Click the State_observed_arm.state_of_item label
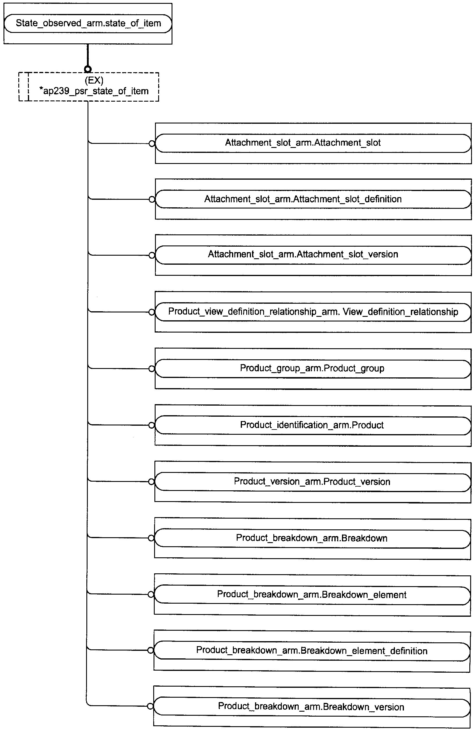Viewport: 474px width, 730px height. point(88,23)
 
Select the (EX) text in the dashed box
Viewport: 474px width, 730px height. point(94,80)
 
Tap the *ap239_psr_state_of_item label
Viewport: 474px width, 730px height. point(94,91)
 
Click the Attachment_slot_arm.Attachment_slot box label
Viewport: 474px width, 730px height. point(303,143)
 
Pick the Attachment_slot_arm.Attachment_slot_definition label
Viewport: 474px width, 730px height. point(303,199)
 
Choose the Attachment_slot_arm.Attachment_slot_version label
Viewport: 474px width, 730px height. point(303,254)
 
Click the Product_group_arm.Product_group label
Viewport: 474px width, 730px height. point(312,368)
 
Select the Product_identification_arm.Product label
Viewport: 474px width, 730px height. point(312,425)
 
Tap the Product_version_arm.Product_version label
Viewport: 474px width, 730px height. point(312,482)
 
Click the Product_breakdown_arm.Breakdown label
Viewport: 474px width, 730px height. point(312,538)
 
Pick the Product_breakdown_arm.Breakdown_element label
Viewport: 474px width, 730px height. point(312,594)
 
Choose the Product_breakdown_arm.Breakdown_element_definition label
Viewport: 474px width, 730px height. point(312,651)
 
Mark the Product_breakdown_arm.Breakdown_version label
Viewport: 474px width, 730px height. point(311,707)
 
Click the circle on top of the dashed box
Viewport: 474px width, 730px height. point(88,69)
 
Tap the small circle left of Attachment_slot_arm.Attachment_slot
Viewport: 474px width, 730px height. point(152,143)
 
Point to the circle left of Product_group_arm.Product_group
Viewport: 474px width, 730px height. point(152,369)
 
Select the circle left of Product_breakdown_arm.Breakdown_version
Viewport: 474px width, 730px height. point(150,706)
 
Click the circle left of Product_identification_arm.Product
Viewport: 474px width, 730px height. point(152,425)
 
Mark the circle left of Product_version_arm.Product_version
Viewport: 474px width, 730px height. point(151,482)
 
